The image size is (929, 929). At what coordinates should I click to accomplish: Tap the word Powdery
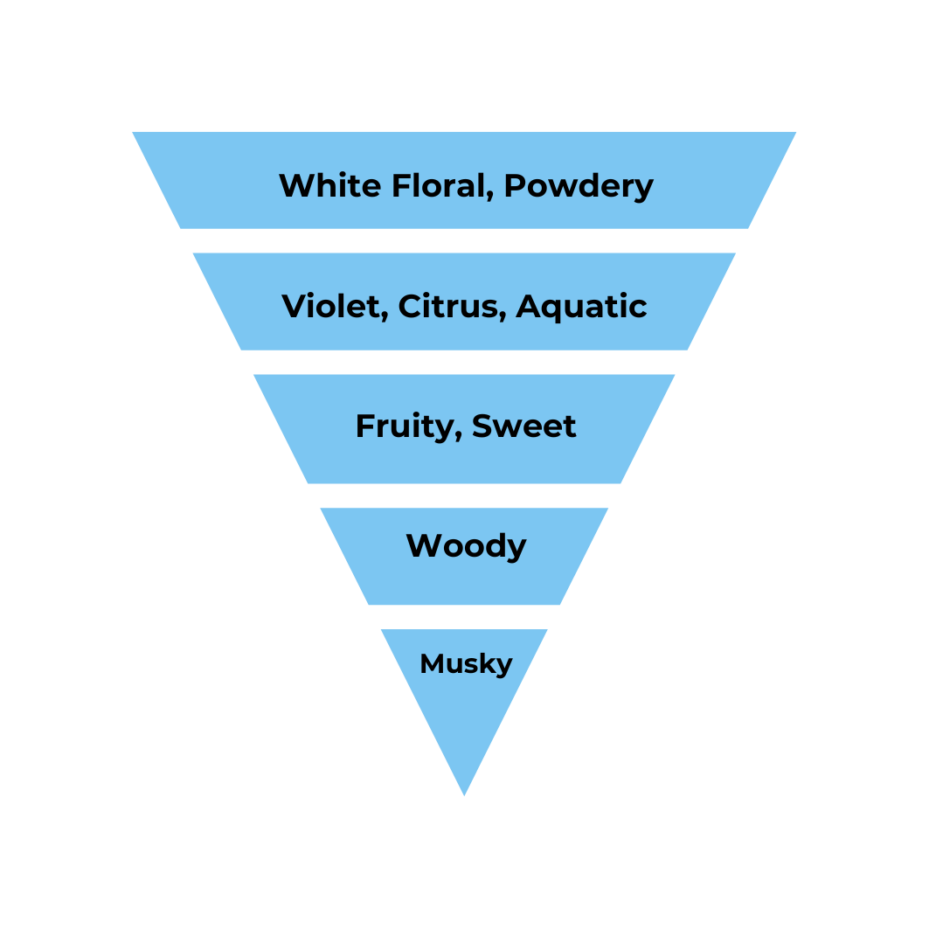[x=579, y=187]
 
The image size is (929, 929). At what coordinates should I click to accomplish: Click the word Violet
[x=331, y=306]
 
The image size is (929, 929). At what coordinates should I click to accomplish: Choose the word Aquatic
[x=581, y=308]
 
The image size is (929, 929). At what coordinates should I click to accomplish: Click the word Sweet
[x=523, y=426]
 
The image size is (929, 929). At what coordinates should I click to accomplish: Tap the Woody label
[x=466, y=547]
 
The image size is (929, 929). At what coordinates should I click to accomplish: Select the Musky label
[x=466, y=664]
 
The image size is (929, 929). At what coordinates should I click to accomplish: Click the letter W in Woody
[x=423, y=545]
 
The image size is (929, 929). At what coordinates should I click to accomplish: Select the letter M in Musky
[x=431, y=663]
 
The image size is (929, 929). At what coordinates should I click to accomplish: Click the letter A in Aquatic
[x=530, y=307]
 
